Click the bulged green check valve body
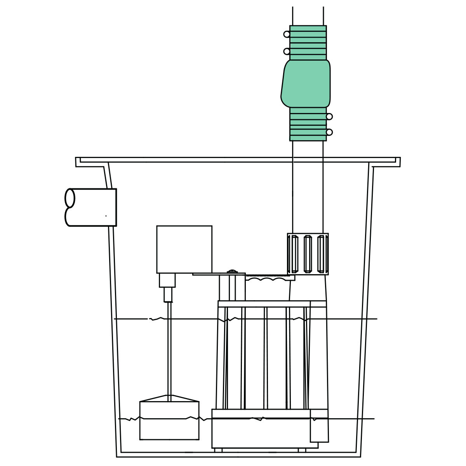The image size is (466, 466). (x=306, y=83)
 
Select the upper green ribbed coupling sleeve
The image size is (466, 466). (x=308, y=43)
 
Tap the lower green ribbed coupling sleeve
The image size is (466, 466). (x=308, y=124)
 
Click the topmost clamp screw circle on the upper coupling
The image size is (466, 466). (x=287, y=34)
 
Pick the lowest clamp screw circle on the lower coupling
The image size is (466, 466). (x=329, y=132)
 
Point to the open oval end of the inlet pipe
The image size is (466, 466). (x=70, y=198)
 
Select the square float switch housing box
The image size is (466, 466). (x=184, y=249)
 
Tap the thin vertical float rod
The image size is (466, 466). (x=169, y=349)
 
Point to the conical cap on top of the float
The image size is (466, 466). (x=169, y=398)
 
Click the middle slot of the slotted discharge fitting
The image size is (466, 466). (x=308, y=254)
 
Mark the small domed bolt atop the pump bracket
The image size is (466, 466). (x=232, y=271)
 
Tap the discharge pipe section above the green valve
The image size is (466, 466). (x=308, y=16)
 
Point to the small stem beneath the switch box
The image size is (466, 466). (x=168, y=294)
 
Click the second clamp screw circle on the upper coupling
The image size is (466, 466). (x=287, y=51)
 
